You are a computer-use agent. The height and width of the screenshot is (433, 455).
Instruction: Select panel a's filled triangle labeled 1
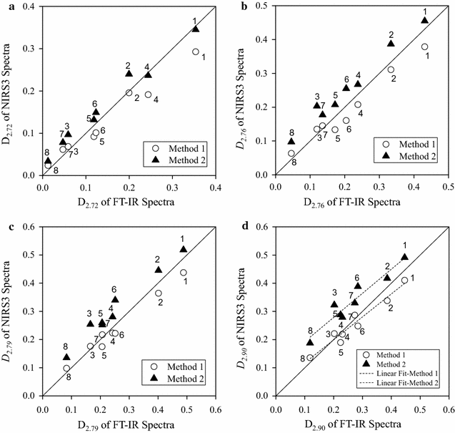(195, 29)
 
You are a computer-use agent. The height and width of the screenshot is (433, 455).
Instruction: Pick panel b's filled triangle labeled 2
(391, 44)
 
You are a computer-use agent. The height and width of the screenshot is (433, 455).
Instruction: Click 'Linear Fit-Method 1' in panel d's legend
(404, 375)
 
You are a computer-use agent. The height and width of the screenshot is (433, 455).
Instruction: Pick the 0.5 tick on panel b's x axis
(447, 188)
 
